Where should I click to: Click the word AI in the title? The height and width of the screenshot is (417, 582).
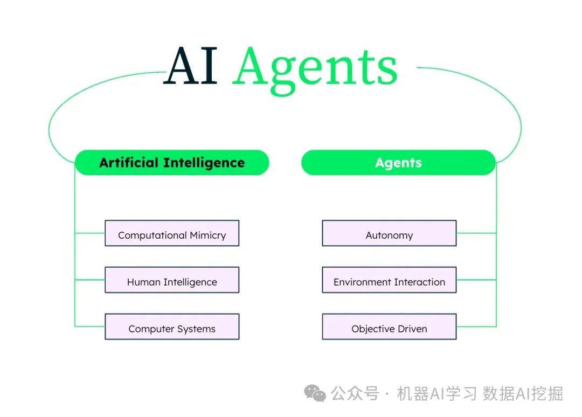point(191,67)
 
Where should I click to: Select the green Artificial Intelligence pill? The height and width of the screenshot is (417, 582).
point(172,163)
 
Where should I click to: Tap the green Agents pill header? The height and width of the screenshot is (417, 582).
point(398,163)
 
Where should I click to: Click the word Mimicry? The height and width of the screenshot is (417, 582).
point(208,235)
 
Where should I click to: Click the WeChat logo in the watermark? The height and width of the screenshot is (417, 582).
point(315,393)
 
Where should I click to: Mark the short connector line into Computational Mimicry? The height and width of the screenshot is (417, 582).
point(90,233)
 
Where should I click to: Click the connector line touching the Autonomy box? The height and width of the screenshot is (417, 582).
point(476,233)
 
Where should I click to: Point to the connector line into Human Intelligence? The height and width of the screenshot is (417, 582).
point(90,280)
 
